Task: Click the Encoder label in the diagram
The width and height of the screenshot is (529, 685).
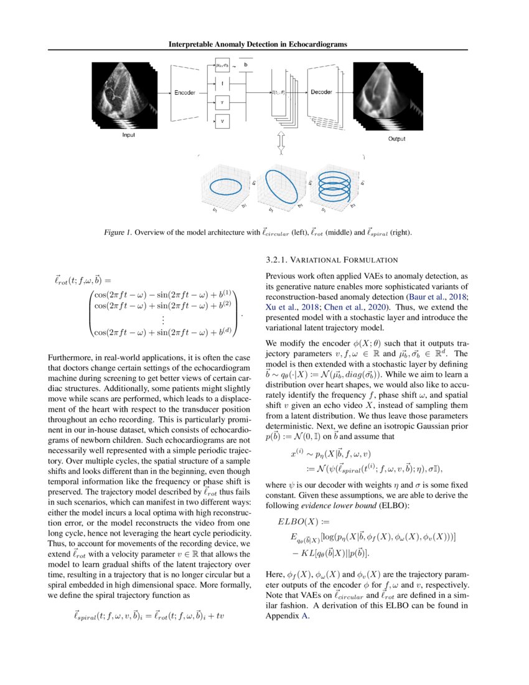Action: coord(185,93)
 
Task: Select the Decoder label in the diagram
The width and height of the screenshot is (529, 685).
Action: coord(321,92)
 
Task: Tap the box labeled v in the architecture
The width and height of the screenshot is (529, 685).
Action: coord(222,122)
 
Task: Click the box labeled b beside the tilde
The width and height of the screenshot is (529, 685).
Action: coord(246,64)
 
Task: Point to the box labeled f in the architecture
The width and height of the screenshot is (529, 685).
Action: coord(222,82)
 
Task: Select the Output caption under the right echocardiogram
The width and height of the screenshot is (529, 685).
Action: coord(396,139)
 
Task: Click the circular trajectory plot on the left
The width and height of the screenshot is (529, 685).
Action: coord(228,186)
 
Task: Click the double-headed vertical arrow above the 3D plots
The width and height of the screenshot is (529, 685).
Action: coord(281,141)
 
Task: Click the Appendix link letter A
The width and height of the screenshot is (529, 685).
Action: coord(305,617)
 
